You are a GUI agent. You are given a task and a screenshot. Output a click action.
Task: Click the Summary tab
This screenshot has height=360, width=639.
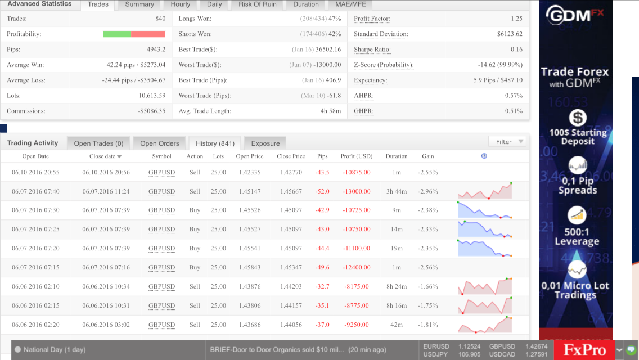[139, 4]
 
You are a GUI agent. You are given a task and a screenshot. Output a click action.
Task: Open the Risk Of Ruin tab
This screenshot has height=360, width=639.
[257, 4]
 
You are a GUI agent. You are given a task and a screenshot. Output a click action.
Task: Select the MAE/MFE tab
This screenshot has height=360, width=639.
[350, 4]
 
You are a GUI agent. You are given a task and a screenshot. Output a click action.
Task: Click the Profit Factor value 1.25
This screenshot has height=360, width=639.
[516, 19]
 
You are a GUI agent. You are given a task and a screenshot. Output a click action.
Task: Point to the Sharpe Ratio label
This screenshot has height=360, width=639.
[372, 49]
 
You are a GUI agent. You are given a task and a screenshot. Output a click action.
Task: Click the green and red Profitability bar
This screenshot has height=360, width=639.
[134, 34]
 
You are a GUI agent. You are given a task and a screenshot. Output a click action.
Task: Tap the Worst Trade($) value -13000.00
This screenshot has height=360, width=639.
[327, 65]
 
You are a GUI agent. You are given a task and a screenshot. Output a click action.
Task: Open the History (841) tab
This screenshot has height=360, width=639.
[215, 143]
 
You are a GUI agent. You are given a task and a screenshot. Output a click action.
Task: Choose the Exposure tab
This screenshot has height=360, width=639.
[265, 143]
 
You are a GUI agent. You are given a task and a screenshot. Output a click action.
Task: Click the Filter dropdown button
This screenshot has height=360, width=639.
[507, 142]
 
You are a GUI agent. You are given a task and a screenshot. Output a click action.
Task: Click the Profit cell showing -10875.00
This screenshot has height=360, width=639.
[357, 173]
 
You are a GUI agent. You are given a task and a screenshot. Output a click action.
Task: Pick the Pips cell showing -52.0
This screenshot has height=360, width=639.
[322, 192]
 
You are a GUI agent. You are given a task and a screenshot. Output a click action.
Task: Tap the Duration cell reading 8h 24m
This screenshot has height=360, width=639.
[397, 287]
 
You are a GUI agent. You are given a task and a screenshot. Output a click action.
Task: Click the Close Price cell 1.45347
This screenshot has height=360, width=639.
[291, 267]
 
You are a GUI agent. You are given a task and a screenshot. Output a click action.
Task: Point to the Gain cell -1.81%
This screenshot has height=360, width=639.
[428, 325]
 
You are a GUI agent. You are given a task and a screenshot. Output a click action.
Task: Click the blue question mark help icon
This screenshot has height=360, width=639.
[484, 156]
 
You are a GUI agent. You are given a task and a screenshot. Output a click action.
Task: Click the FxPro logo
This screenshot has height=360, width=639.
[585, 350]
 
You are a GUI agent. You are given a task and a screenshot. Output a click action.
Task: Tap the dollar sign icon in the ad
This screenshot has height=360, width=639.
[578, 118]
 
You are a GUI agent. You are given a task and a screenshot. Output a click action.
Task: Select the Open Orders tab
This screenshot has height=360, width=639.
[159, 143]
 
